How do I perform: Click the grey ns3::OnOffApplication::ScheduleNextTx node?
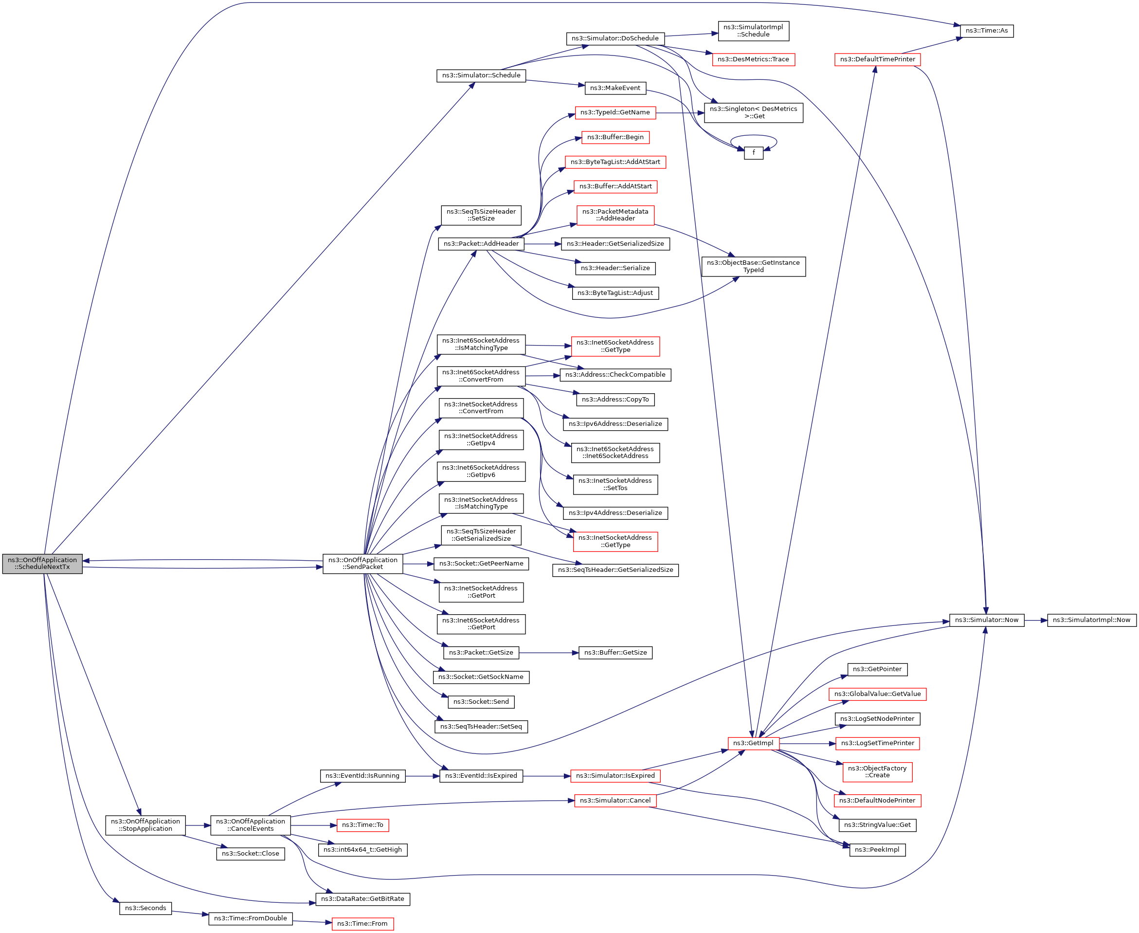[x=42, y=563]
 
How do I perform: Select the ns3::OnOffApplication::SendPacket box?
[x=362, y=563]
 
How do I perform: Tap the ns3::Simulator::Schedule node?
[x=481, y=75]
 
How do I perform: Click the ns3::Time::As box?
[x=986, y=31]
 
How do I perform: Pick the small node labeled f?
[x=753, y=153]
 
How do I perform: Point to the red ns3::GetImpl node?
[x=753, y=743]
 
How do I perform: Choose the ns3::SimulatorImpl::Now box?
[x=1091, y=620]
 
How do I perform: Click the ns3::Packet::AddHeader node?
[x=481, y=244]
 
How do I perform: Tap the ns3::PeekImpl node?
[x=877, y=850]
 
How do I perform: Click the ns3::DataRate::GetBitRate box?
[x=362, y=898]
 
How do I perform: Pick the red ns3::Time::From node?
[x=362, y=923]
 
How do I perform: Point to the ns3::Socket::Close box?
[x=251, y=854]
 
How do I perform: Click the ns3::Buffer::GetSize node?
[x=615, y=653]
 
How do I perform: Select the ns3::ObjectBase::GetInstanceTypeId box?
[x=753, y=267]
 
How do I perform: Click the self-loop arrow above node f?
[x=753, y=136]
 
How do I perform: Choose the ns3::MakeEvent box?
[x=615, y=88]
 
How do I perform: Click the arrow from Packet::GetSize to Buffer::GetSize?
[x=548, y=653]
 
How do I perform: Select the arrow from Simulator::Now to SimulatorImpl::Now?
[x=1035, y=620]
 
